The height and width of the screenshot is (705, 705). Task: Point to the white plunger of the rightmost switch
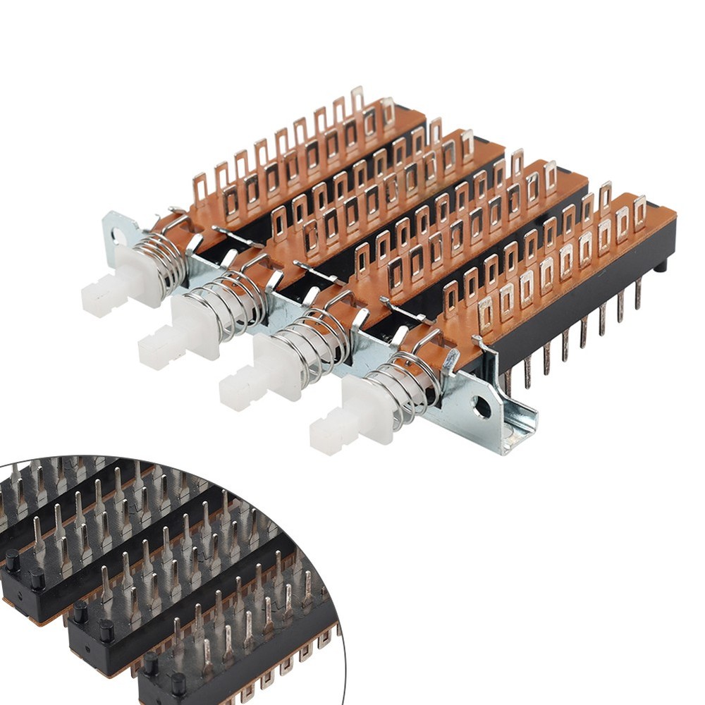point(352,416)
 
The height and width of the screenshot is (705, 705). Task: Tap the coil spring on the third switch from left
point(321,342)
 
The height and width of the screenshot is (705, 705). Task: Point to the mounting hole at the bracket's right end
point(482,406)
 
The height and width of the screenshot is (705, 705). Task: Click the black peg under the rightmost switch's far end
point(660,266)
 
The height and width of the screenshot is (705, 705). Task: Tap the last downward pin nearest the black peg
point(638,293)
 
